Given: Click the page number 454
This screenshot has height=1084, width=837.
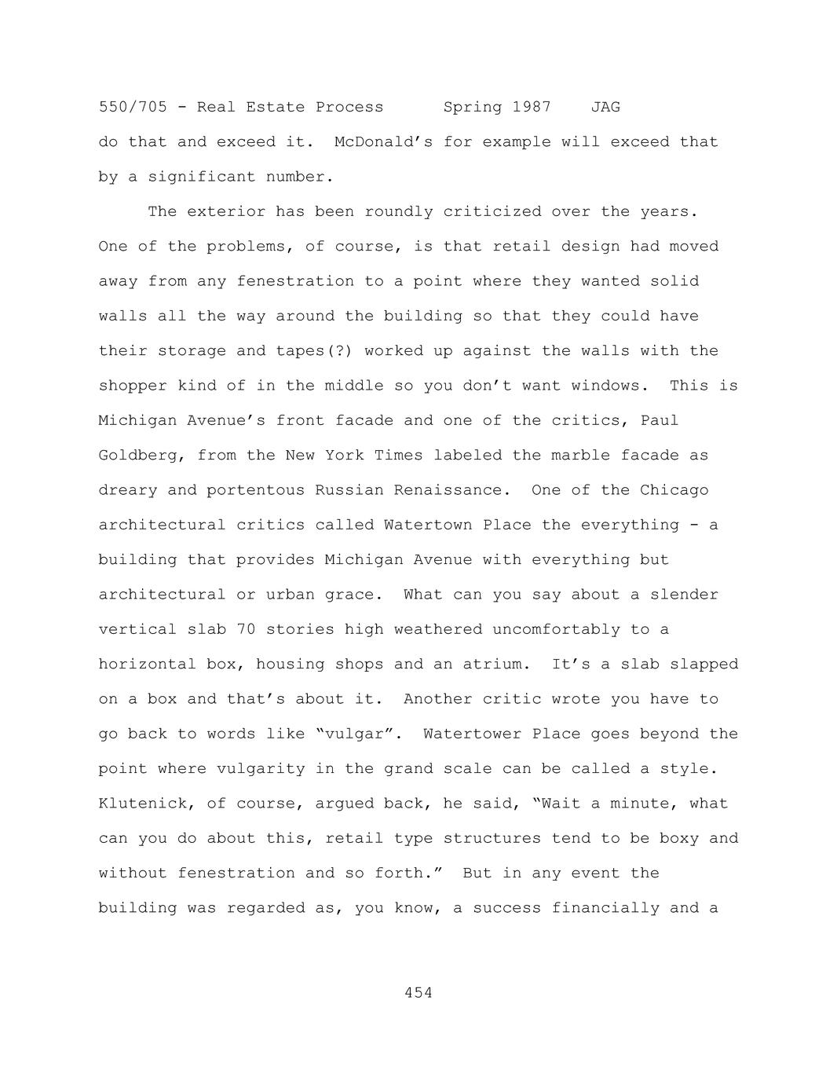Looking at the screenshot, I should coord(418,993).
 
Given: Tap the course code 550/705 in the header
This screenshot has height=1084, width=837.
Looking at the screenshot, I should coord(133,107).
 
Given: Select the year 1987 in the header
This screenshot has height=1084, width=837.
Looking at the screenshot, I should coord(532,107).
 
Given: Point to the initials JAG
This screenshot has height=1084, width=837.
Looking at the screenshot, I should coord(605,107).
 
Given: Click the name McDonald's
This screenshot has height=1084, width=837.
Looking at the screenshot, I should coord(383,142).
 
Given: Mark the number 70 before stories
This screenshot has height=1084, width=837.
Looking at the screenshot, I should coord(246,629).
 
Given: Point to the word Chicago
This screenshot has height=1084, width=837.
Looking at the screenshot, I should coord(674,490).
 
